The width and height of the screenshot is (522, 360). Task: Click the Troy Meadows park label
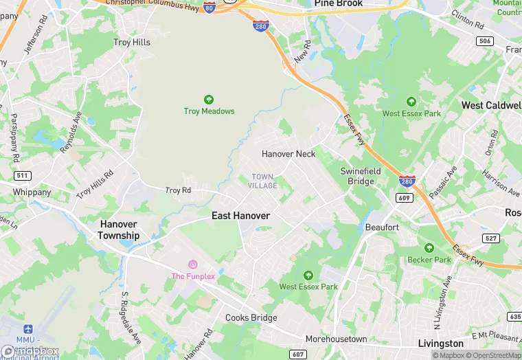pyautogui.click(x=209, y=111)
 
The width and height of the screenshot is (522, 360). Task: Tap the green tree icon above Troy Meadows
pyautogui.click(x=209, y=100)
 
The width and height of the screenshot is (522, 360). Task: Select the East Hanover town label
pyautogui.click(x=240, y=216)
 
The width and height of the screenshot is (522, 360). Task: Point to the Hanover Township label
pyautogui.click(x=119, y=229)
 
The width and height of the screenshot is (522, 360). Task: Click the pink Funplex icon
pyautogui.click(x=193, y=265)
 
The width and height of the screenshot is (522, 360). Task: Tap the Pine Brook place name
pyautogui.click(x=338, y=3)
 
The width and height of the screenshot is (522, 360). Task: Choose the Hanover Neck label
pyautogui.click(x=288, y=154)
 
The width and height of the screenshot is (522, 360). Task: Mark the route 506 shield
pyautogui.click(x=485, y=41)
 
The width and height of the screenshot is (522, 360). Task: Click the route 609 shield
pyautogui.click(x=404, y=198)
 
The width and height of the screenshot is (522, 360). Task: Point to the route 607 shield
pyautogui.click(x=297, y=355)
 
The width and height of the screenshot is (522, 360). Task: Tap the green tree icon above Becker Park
pyautogui.click(x=429, y=248)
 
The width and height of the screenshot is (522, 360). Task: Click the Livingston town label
pyautogui.click(x=440, y=344)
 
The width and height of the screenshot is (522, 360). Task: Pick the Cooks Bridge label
pyautogui.click(x=251, y=318)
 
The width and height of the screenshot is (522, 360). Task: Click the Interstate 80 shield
pyautogui.click(x=209, y=8)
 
